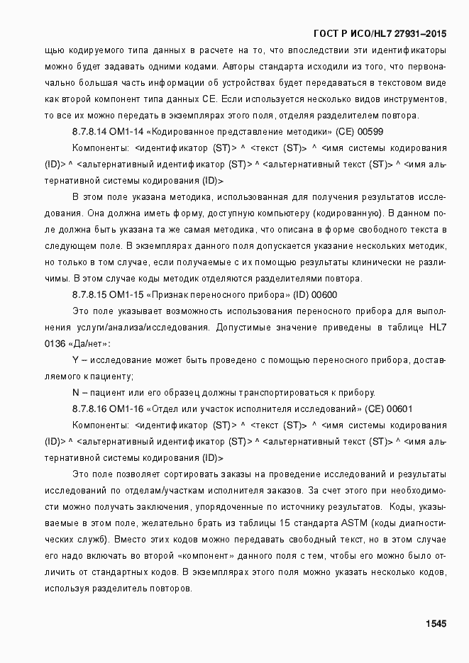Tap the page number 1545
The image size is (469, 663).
[435, 624]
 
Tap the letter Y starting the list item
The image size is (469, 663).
[75, 360]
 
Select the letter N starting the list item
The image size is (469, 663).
[75, 393]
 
